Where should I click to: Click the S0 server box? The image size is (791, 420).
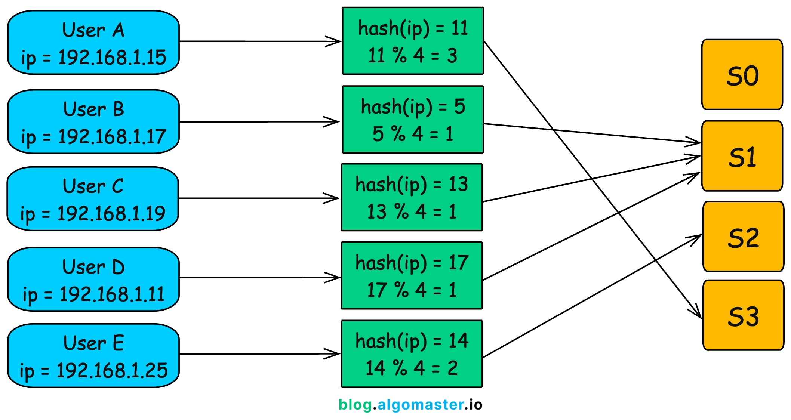[742, 75]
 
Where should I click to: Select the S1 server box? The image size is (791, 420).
[742, 156]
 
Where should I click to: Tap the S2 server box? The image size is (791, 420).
[743, 237]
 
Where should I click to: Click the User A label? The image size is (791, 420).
[93, 30]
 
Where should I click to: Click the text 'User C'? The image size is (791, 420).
[93, 186]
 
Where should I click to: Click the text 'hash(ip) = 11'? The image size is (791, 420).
[413, 28]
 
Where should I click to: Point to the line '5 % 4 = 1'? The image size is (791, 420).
[413, 134]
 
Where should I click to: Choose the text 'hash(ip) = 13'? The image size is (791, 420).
[412, 184]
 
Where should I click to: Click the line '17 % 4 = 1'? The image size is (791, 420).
[412, 290]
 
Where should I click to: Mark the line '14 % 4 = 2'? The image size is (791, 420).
[412, 368]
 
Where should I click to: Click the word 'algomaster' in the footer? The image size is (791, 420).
[421, 405]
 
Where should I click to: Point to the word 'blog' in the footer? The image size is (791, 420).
[355, 405]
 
